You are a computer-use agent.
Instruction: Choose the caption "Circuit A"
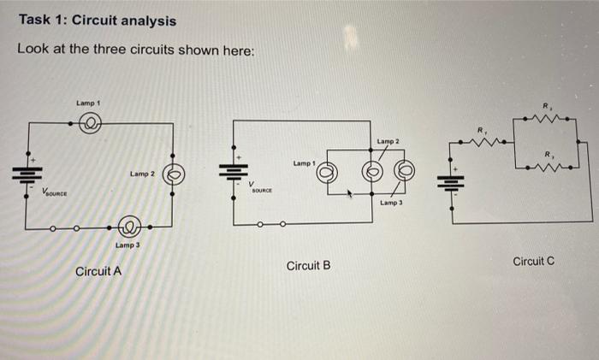tap(98, 272)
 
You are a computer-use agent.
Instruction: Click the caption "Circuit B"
tap(309, 266)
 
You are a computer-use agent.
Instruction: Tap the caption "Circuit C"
tap(533, 261)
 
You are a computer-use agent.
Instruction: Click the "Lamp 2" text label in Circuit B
tap(388, 140)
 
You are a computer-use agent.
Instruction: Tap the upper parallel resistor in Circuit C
tap(548, 119)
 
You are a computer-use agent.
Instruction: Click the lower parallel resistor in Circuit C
tap(548, 168)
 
